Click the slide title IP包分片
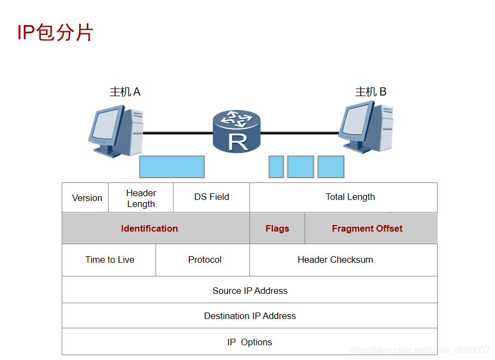click(x=55, y=33)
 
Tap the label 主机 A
click(x=125, y=92)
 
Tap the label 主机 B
click(x=371, y=92)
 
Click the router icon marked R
click(x=237, y=131)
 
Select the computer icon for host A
click(x=115, y=132)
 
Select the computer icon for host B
click(x=365, y=128)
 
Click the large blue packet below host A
click(x=172, y=167)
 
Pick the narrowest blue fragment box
click(x=276, y=167)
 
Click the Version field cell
click(x=87, y=198)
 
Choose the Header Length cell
click(x=141, y=198)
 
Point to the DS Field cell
click(x=212, y=197)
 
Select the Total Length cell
click(x=350, y=197)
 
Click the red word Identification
click(x=150, y=228)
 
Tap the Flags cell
click(x=277, y=228)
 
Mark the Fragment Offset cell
click(x=367, y=228)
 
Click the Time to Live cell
click(x=110, y=259)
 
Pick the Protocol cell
click(x=205, y=259)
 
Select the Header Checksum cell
click(x=335, y=259)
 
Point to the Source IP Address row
click(x=250, y=291)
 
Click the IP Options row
click(x=250, y=342)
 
